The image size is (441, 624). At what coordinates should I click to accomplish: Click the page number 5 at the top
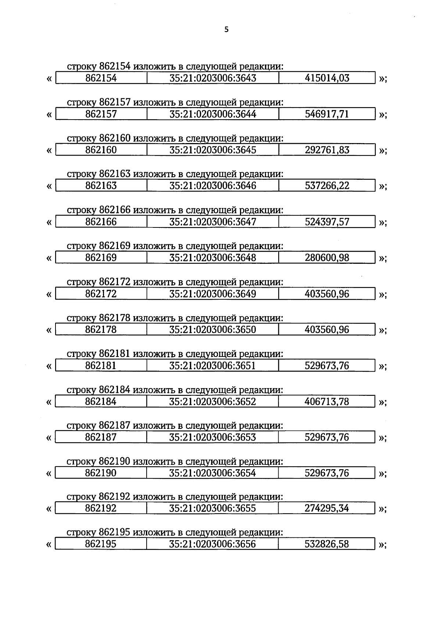[x=226, y=30]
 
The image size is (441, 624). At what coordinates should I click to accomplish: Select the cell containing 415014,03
[x=327, y=78]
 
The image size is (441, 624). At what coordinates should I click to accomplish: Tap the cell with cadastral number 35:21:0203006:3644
[x=213, y=114]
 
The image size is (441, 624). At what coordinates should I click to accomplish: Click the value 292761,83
[x=327, y=150]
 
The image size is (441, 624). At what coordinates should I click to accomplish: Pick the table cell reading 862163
[x=101, y=186]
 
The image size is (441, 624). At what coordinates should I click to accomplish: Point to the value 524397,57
[x=327, y=222]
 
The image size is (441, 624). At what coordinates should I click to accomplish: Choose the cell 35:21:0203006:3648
[x=213, y=258]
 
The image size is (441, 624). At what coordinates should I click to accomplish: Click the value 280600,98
[x=327, y=258]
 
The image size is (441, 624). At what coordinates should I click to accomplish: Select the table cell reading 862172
[x=101, y=294]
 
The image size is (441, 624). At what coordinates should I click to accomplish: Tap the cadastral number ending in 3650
[x=213, y=329]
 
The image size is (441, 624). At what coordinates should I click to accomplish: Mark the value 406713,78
[x=327, y=402]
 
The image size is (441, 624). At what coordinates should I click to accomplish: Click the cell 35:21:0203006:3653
[x=213, y=437]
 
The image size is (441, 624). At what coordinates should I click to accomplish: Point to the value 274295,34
[x=327, y=508]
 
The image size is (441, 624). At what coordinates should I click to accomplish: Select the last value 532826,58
[x=327, y=544]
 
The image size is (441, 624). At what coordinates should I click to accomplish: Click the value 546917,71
[x=327, y=114]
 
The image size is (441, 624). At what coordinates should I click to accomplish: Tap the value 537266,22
[x=327, y=186]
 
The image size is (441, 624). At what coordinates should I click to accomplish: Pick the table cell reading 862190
[x=101, y=473]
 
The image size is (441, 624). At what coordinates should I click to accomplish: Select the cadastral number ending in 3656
[x=213, y=544]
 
